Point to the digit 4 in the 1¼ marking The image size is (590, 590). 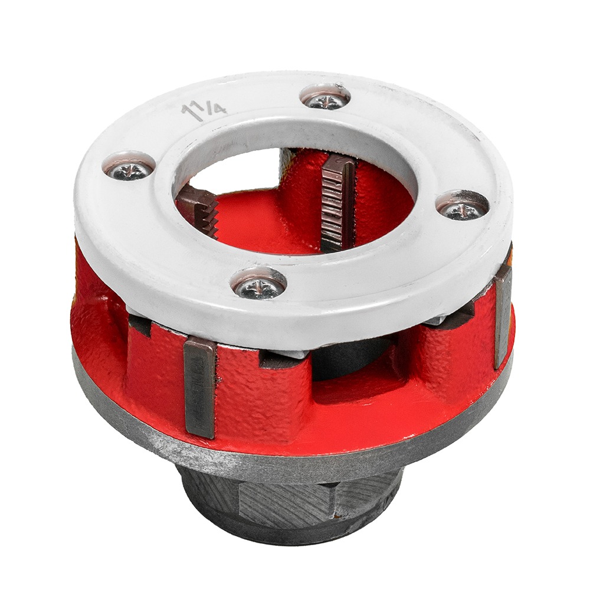[219, 110]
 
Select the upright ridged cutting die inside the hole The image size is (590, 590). [336, 203]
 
